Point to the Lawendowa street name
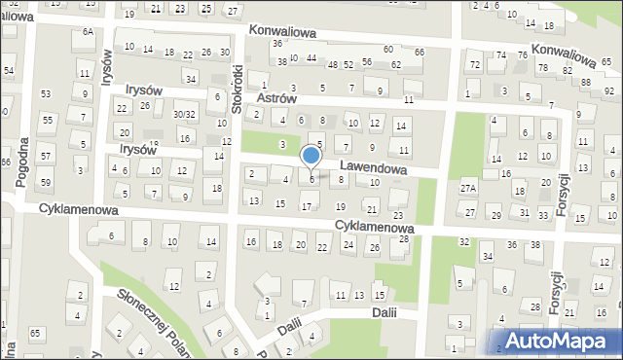click(x=375, y=167)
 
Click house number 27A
click(x=468, y=189)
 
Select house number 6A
click(x=88, y=32)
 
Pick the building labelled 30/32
click(x=183, y=114)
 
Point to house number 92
click(x=609, y=90)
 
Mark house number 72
click(x=474, y=65)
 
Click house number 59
click(x=46, y=182)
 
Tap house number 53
click(x=46, y=93)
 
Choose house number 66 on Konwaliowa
click(x=419, y=51)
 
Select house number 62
click(x=395, y=64)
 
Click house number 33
click(x=542, y=213)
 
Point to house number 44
click(x=311, y=58)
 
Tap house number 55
click(x=46, y=120)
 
